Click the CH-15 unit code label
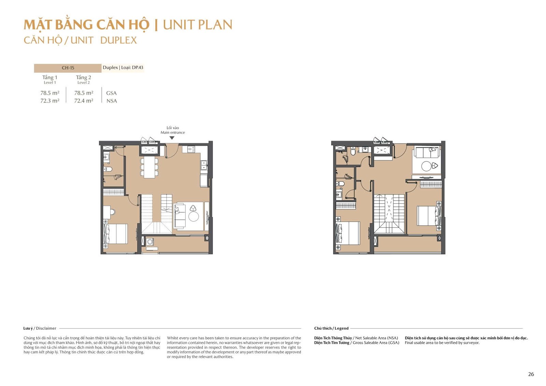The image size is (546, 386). coord(68,68)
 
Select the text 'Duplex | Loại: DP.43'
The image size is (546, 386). coord(123,68)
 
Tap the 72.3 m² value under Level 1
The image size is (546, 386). coord(50,101)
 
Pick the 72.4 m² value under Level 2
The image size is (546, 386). coord(84,101)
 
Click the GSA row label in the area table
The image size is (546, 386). coord(111,93)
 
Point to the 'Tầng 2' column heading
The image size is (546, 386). coord(83,77)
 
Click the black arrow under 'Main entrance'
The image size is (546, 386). coord(172,138)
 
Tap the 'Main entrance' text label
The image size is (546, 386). coord(173,132)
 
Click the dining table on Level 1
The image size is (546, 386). coord(149,167)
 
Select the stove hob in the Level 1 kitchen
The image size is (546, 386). coord(191,149)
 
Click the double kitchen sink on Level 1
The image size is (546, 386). coord(204,165)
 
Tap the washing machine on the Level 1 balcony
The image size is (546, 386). coord(150,242)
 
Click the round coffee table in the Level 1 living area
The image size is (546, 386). coord(193,216)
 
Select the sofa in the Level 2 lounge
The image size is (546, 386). coord(427,153)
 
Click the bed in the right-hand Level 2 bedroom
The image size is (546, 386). coord(429,216)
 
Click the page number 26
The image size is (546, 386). coord(531,374)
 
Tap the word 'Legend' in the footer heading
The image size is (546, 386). coord(342,328)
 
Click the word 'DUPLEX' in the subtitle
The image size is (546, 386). coord(118,40)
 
